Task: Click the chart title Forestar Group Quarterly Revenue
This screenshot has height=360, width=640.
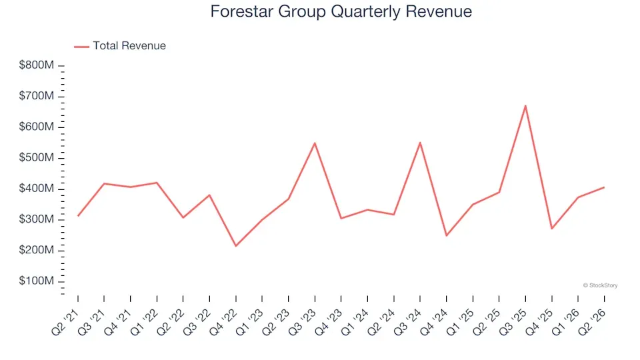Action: [341, 11]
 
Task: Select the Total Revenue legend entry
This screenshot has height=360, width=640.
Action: [120, 46]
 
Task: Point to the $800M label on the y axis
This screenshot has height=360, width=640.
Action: [36, 65]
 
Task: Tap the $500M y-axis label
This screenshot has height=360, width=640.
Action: [36, 157]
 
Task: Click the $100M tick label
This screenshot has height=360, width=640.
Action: [36, 281]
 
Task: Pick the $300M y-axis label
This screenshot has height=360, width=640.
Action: [36, 219]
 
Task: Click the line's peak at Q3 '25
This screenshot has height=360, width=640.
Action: [525, 106]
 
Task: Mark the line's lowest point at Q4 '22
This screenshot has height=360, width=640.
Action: [236, 246]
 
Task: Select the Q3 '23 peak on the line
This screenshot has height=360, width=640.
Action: [315, 143]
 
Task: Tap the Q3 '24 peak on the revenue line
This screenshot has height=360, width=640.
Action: [420, 143]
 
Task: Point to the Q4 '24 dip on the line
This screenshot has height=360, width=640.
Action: [447, 235]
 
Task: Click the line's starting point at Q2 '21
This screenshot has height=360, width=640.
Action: [78, 215]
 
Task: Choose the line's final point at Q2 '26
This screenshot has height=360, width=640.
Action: [604, 187]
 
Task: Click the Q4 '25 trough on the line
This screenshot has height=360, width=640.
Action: [552, 229]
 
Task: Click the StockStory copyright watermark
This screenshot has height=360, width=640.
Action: [600, 285]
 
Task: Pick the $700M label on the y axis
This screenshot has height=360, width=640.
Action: [36, 96]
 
